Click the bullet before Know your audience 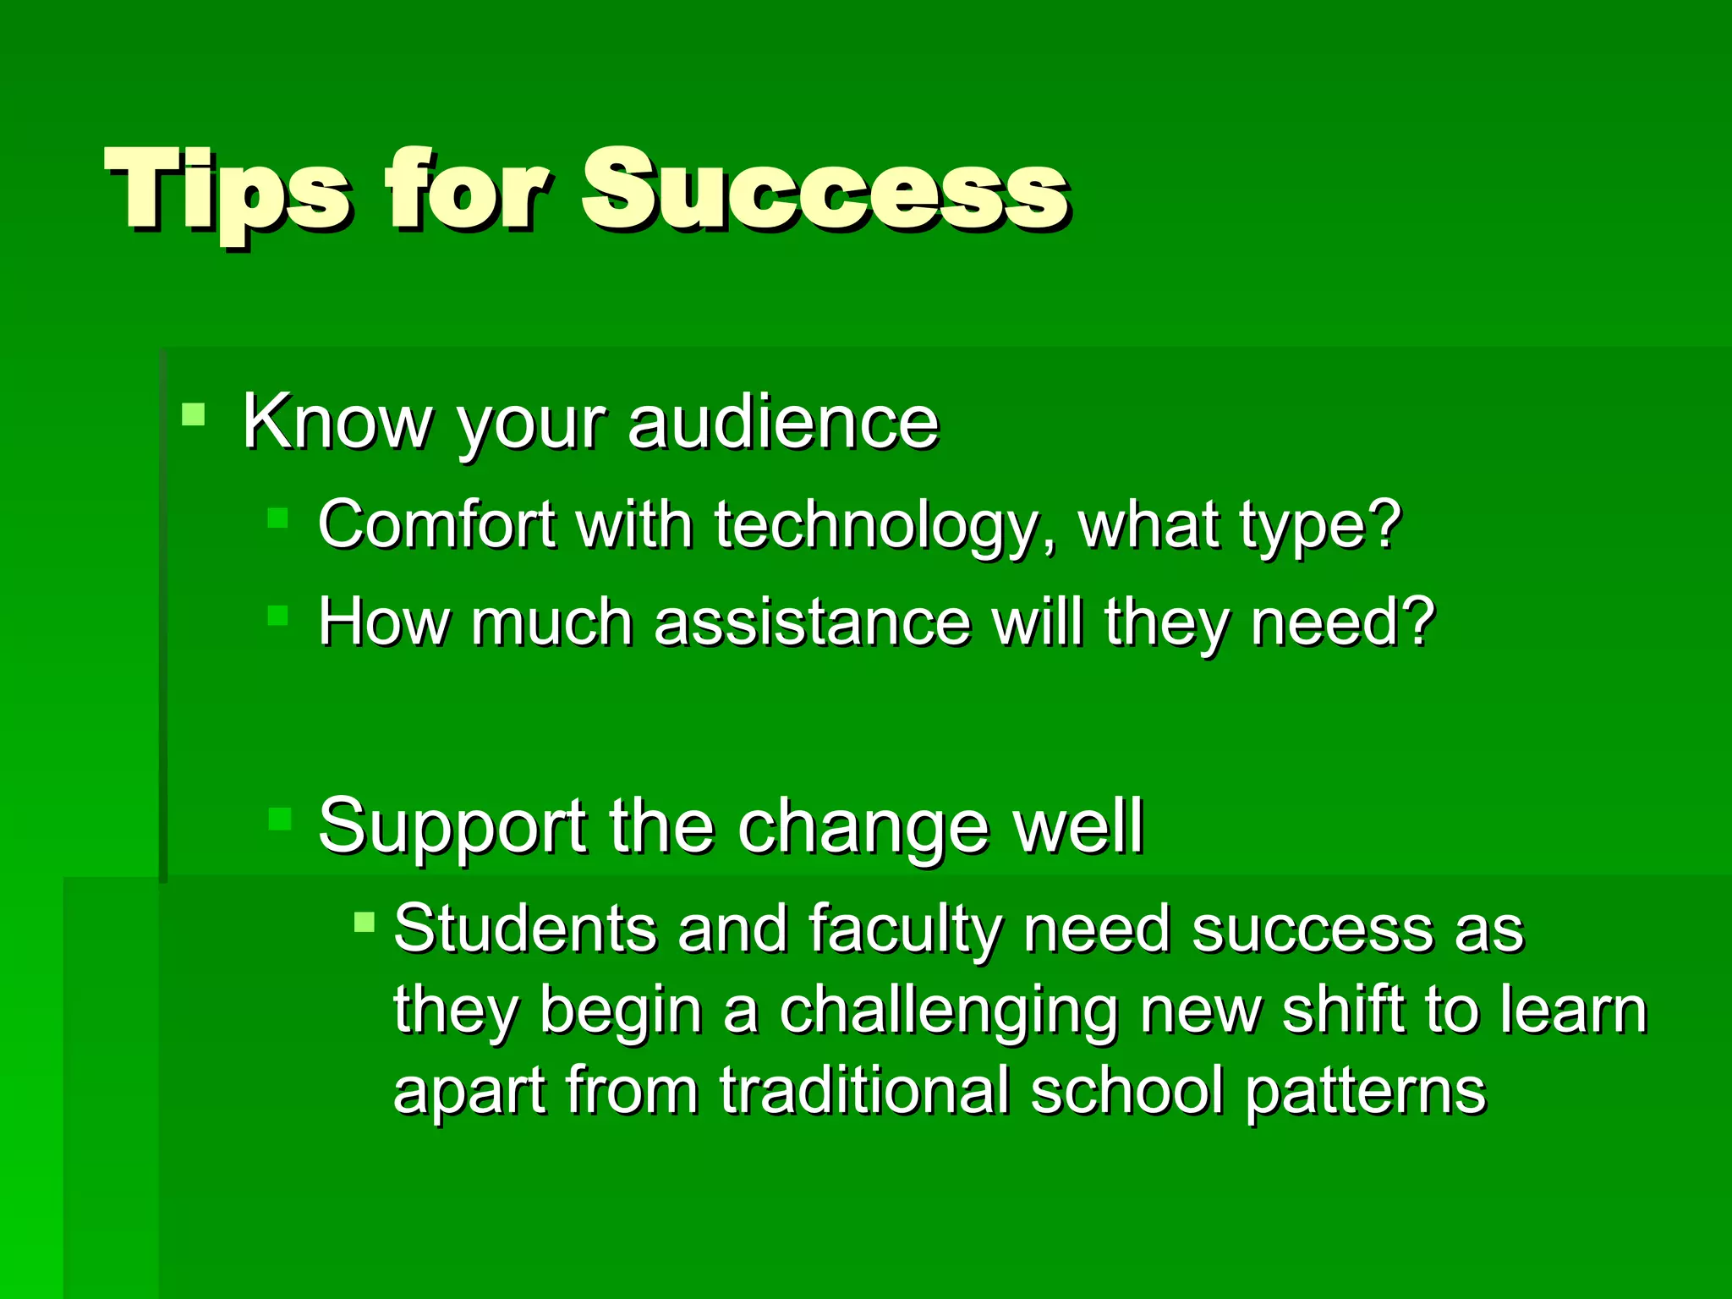(x=193, y=414)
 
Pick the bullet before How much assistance (x=277, y=615)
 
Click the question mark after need (x=1418, y=622)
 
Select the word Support (x=452, y=827)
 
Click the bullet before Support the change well (x=279, y=819)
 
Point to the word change (x=863, y=827)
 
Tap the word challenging (x=948, y=1011)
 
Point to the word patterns (x=1365, y=1091)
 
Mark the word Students (x=525, y=929)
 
